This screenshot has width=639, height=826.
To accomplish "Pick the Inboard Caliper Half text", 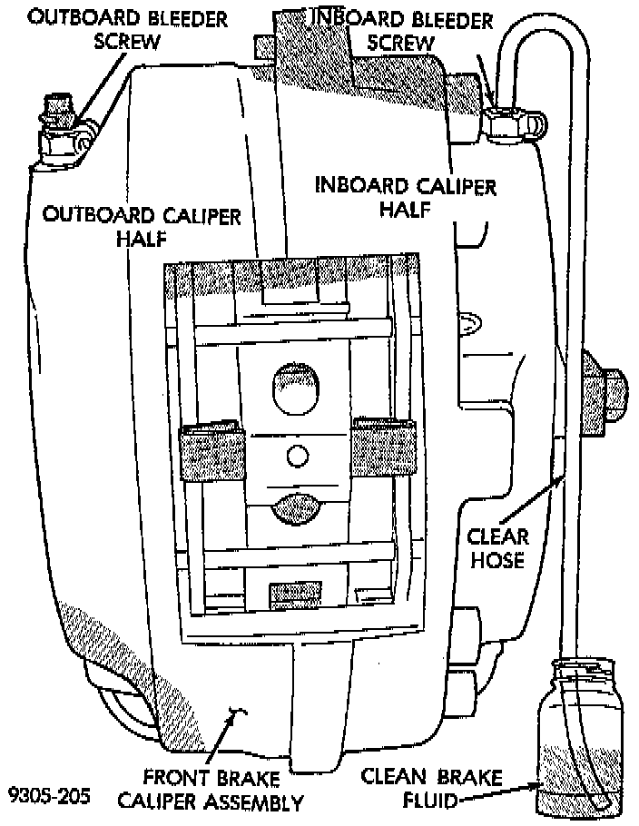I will coord(405,197).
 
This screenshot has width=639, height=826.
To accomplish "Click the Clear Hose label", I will coord(496,547).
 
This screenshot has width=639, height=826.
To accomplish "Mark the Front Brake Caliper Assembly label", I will coord(223,789).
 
